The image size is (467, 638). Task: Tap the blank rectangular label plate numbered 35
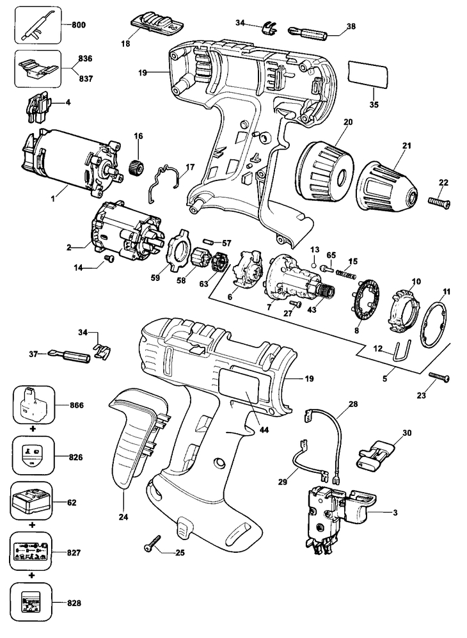(x=368, y=74)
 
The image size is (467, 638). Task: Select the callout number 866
(x=75, y=405)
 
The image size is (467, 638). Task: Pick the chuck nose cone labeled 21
(x=388, y=187)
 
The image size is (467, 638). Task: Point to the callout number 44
(x=264, y=429)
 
